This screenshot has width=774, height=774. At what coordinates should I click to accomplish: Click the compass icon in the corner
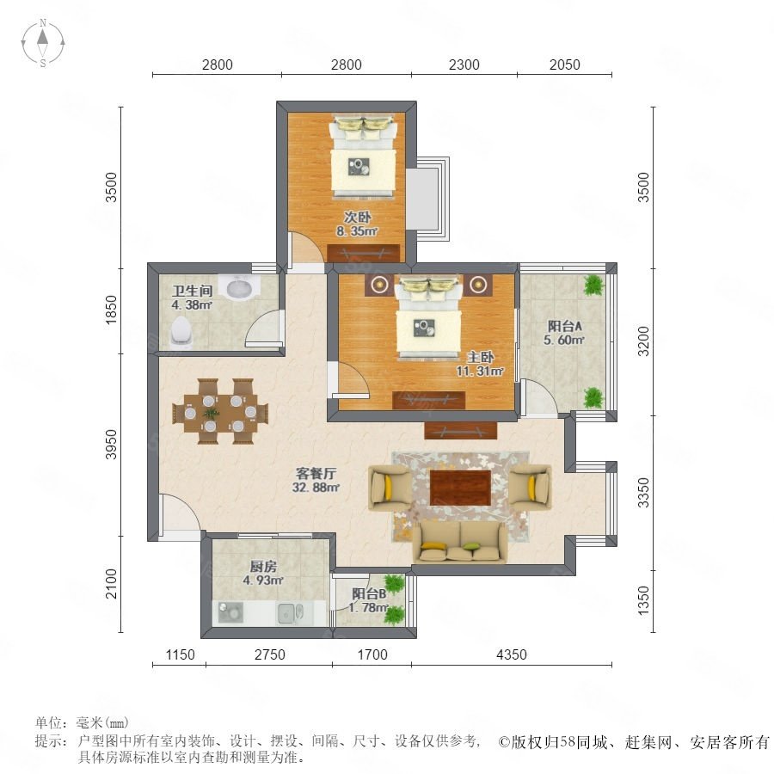43,42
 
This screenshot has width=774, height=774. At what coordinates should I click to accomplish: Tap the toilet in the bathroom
181,332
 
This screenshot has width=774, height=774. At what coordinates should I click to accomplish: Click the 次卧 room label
358,217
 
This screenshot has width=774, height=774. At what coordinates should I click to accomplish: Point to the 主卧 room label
481,357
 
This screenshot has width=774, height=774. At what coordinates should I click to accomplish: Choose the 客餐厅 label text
316,473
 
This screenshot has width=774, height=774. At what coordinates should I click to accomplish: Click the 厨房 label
263,566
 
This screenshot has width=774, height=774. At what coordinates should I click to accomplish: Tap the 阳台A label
565,326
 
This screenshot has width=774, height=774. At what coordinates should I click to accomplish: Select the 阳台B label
369,593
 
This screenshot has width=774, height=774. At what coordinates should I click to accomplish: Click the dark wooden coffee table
460,488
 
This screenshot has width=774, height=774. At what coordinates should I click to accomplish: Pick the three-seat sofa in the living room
460,542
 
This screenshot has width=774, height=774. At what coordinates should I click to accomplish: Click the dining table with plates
220,412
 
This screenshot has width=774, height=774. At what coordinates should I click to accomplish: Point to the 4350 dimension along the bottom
512,654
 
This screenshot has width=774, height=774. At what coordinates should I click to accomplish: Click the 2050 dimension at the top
565,64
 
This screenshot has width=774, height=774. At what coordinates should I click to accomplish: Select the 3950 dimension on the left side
112,445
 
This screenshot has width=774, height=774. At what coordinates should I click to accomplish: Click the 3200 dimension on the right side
643,341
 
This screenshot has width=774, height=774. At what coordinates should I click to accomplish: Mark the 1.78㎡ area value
369,608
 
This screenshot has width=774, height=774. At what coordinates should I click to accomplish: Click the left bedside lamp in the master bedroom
379,285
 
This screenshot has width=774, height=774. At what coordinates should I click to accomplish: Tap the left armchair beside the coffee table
389,488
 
